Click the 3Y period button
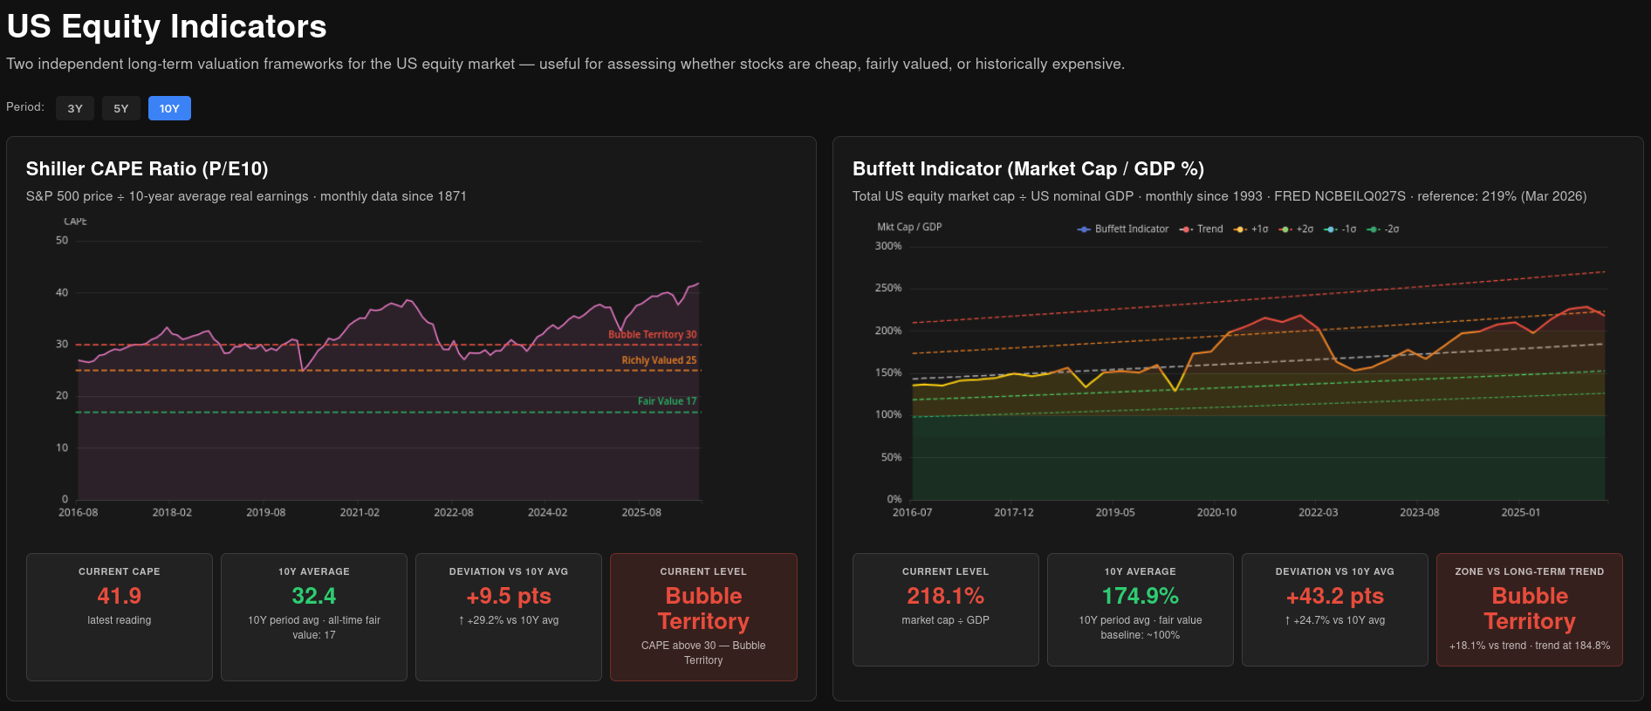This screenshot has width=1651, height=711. click(75, 108)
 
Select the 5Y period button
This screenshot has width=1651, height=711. click(121, 108)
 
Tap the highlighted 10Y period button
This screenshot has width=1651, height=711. click(169, 108)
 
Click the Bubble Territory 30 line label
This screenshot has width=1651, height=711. click(653, 335)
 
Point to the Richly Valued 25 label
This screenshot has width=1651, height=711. click(659, 360)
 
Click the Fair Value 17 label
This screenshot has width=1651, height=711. click(667, 401)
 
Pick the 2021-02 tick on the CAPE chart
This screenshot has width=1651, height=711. click(360, 513)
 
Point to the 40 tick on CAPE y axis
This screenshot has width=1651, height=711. click(62, 293)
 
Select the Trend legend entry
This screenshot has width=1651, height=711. click(1202, 229)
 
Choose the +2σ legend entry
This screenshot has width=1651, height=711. click(1296, 229)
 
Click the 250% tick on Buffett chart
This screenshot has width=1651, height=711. click(888, 288)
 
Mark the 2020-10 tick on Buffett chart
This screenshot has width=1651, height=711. click(1216, 513)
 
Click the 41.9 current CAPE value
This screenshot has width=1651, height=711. click(120, 596)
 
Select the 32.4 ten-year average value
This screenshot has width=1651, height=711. click(314, 596)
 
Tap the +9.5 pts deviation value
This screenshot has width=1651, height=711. click(509, 596)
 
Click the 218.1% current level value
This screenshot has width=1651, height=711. click(946, 596)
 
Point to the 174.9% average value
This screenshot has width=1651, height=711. click(1141, 596)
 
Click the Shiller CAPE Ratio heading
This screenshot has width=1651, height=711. click(147, 169)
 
